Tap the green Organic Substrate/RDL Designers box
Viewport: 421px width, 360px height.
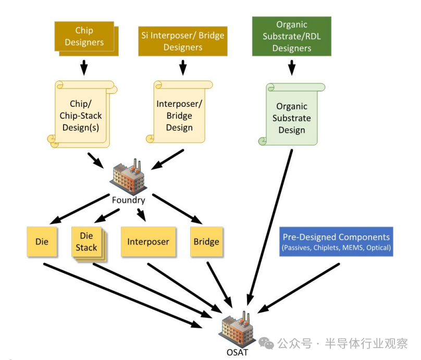click(x=291, y=36)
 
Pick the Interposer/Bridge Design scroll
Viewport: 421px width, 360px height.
click(x=179, y=115)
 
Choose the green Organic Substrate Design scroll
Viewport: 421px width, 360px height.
click(x=291, y=117)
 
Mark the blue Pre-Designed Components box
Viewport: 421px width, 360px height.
click(x=336, y=241)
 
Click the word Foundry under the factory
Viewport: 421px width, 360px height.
click(x=128, y=200)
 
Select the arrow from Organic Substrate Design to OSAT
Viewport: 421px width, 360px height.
click(x=271, y=224)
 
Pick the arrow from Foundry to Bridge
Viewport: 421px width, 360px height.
click(x=177, y=208)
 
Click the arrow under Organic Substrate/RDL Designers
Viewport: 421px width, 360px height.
click(x=291, y=67)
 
